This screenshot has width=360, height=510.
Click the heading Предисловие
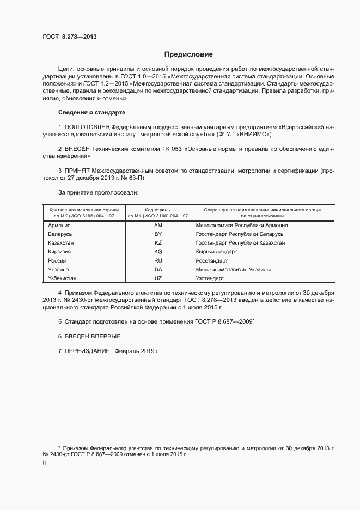pos(188,54)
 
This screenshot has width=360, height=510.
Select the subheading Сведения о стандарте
pos(91,112)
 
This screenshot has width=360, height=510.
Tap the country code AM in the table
pos(158,225)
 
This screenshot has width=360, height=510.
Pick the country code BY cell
pos(158,234)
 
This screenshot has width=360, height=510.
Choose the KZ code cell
pos(158,242)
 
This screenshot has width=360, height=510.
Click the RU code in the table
pos(158,260)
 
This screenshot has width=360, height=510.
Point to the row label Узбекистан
pos(63,278)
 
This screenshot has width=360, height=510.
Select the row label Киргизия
pos(60,252)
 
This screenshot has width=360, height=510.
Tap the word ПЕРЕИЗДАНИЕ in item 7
pos(87,351)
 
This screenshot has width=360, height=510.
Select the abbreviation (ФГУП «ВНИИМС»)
pos(243,134)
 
